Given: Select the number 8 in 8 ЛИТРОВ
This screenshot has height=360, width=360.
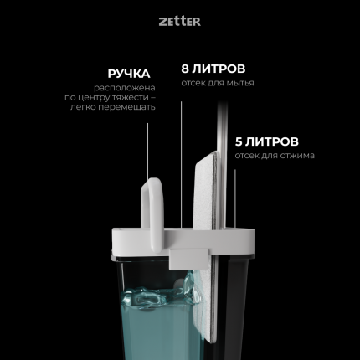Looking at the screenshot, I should [186, 68].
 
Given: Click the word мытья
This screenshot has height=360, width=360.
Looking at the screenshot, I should [239, 83].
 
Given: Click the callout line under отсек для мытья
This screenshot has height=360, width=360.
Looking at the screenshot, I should [181, 151].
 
